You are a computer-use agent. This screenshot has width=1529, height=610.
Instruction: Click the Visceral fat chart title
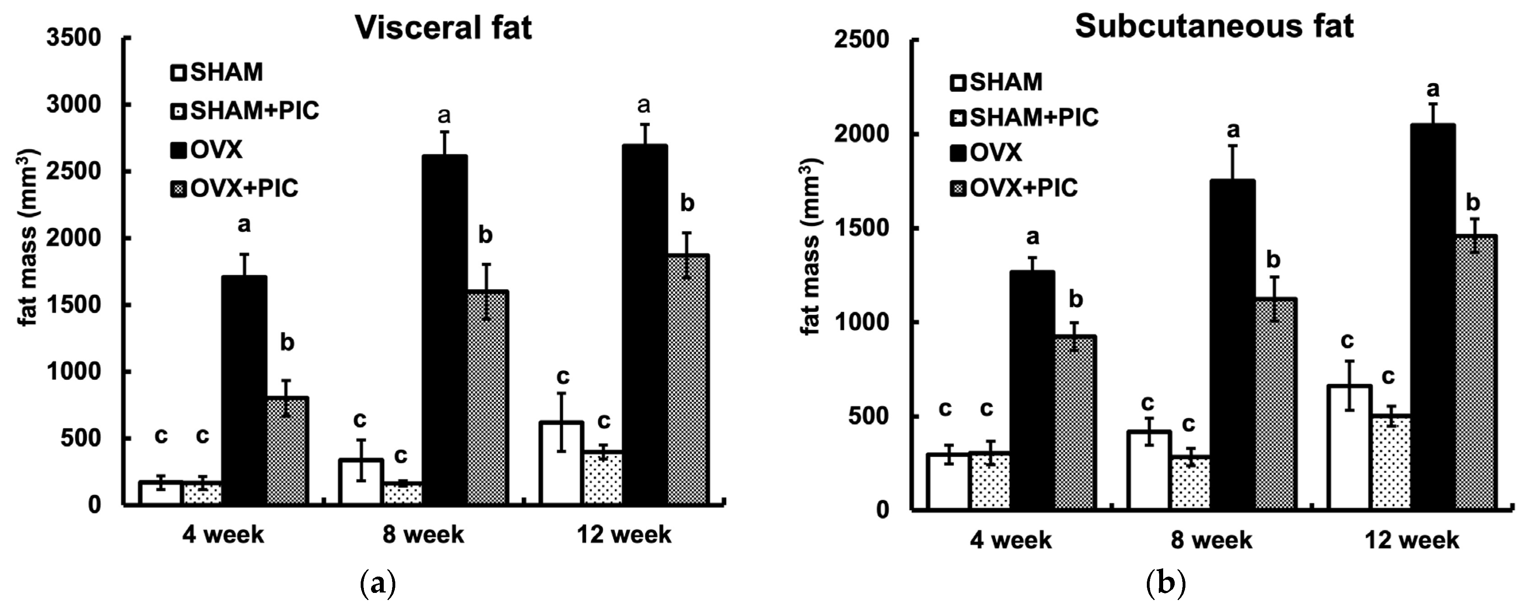(443, 28)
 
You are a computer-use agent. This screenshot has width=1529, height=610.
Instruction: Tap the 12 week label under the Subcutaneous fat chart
(1411, 540)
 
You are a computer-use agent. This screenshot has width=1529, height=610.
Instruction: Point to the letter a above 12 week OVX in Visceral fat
(644, 106)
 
